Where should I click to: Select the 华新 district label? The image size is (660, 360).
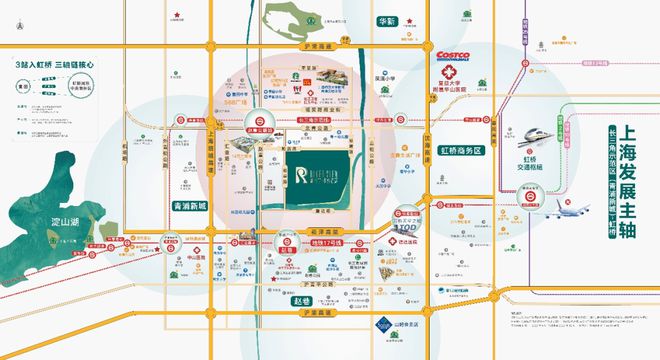coord(385,21)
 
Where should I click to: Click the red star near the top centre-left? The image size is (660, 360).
coord(178,15)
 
